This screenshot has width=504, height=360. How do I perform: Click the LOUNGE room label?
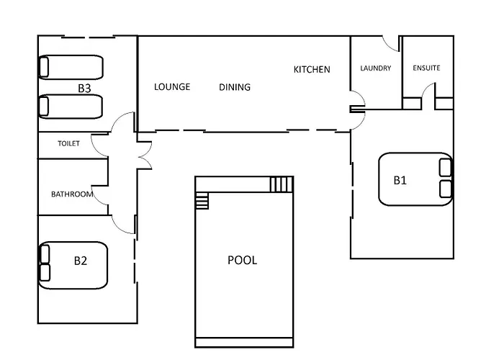tap(172, 87)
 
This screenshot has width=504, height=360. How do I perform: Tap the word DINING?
tap(235, 87)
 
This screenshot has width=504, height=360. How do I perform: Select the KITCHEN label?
tap(312, 69)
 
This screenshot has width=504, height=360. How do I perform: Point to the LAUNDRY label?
tap(375, 68)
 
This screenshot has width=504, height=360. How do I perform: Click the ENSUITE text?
tap(426, 68)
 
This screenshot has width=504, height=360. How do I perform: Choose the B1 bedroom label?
tap(400, 180)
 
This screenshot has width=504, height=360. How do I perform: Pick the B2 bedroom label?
tap(81, 261)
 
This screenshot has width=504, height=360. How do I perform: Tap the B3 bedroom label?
tap(84, 89)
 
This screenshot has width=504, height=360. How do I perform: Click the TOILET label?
tap(68, 143)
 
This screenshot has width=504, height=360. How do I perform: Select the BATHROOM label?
tap(72, 194)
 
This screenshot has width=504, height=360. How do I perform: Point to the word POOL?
tap(243, 260)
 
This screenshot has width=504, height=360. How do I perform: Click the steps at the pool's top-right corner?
tap(282, 184)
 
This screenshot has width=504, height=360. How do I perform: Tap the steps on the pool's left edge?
tap(202, 200)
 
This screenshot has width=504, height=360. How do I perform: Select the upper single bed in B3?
tap(71, 67)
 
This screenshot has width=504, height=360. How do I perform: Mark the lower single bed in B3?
tap(71, 107)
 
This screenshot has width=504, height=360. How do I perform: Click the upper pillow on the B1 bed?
tap(445, 168)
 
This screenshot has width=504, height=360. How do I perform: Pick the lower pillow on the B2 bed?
tap(45, 272)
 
